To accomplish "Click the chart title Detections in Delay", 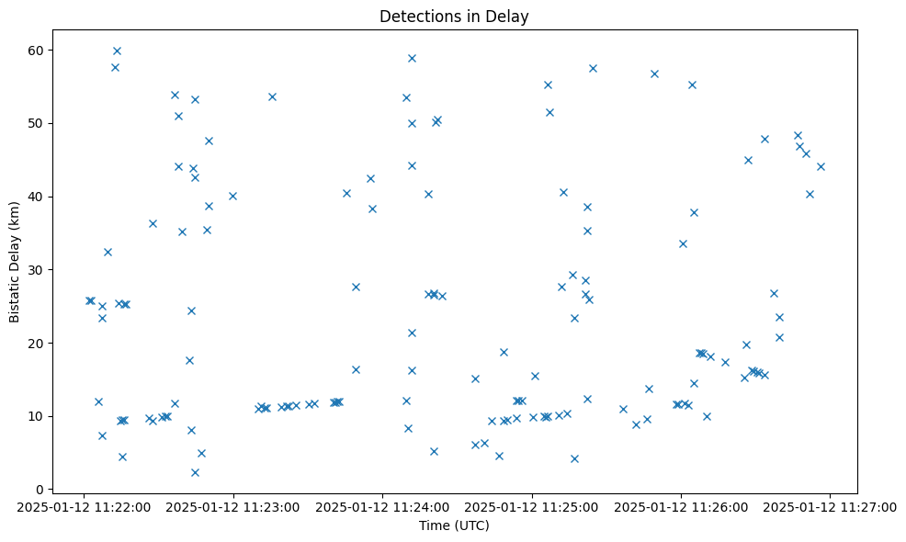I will [x=454, y=17].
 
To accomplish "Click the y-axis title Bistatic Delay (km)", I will [x=15, y=262].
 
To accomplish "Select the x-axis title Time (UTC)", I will [x=454, y=525].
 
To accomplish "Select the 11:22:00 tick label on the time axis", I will [x=85, y=506].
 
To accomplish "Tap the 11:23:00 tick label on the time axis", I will [x=233, y=506].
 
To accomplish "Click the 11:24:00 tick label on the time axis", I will [x=382, y=506].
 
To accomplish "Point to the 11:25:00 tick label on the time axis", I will [x=532, y=506].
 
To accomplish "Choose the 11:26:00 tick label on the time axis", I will [x=681, y=506].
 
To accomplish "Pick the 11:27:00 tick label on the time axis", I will [x=830, y=506].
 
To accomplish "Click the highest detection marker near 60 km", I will [x=117, y=51].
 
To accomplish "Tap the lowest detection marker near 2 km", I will [x=195, y=472].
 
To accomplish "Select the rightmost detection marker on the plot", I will [x=821, y=166].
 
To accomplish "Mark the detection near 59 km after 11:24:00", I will [x=412, y=58].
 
